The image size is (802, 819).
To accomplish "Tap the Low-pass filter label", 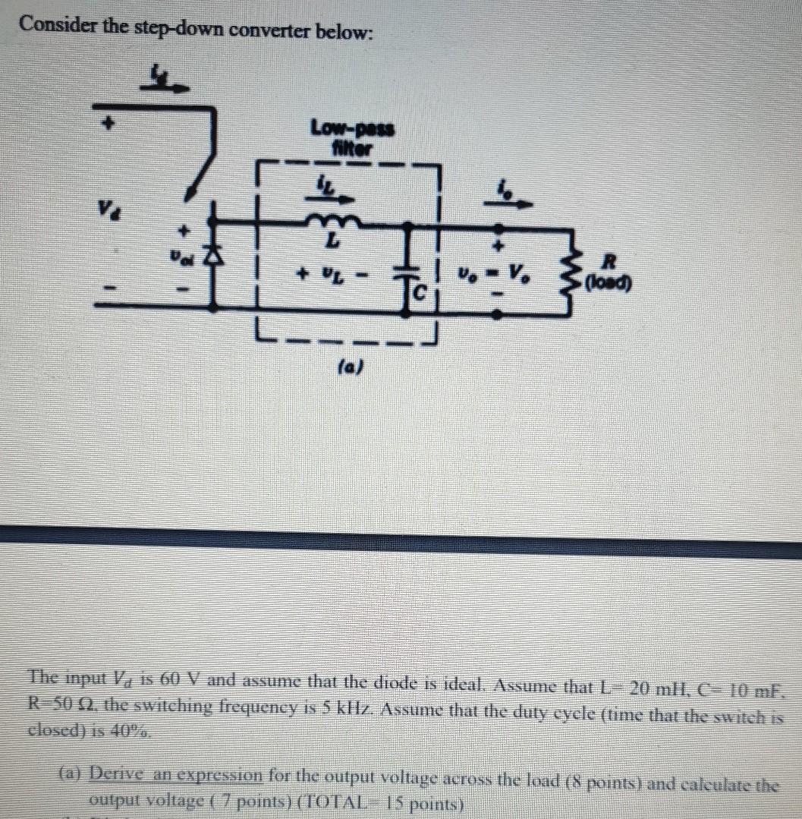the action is coord(351,136).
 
